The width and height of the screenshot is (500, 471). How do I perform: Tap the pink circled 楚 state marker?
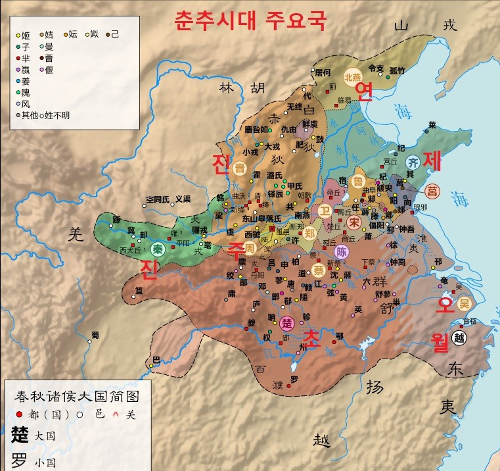click(287, 323)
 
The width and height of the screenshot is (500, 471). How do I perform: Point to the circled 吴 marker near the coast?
click(465, 303)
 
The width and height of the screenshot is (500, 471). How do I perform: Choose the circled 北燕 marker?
click(353, 74)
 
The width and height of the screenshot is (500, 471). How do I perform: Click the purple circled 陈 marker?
click(342, 252)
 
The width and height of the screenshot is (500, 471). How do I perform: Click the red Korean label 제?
click(433, 160)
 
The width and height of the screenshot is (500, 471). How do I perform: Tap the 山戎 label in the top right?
click(424, 26)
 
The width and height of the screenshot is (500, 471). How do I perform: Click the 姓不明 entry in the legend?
click(57, 115)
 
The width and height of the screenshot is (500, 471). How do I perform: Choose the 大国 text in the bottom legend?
click(45, 435)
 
